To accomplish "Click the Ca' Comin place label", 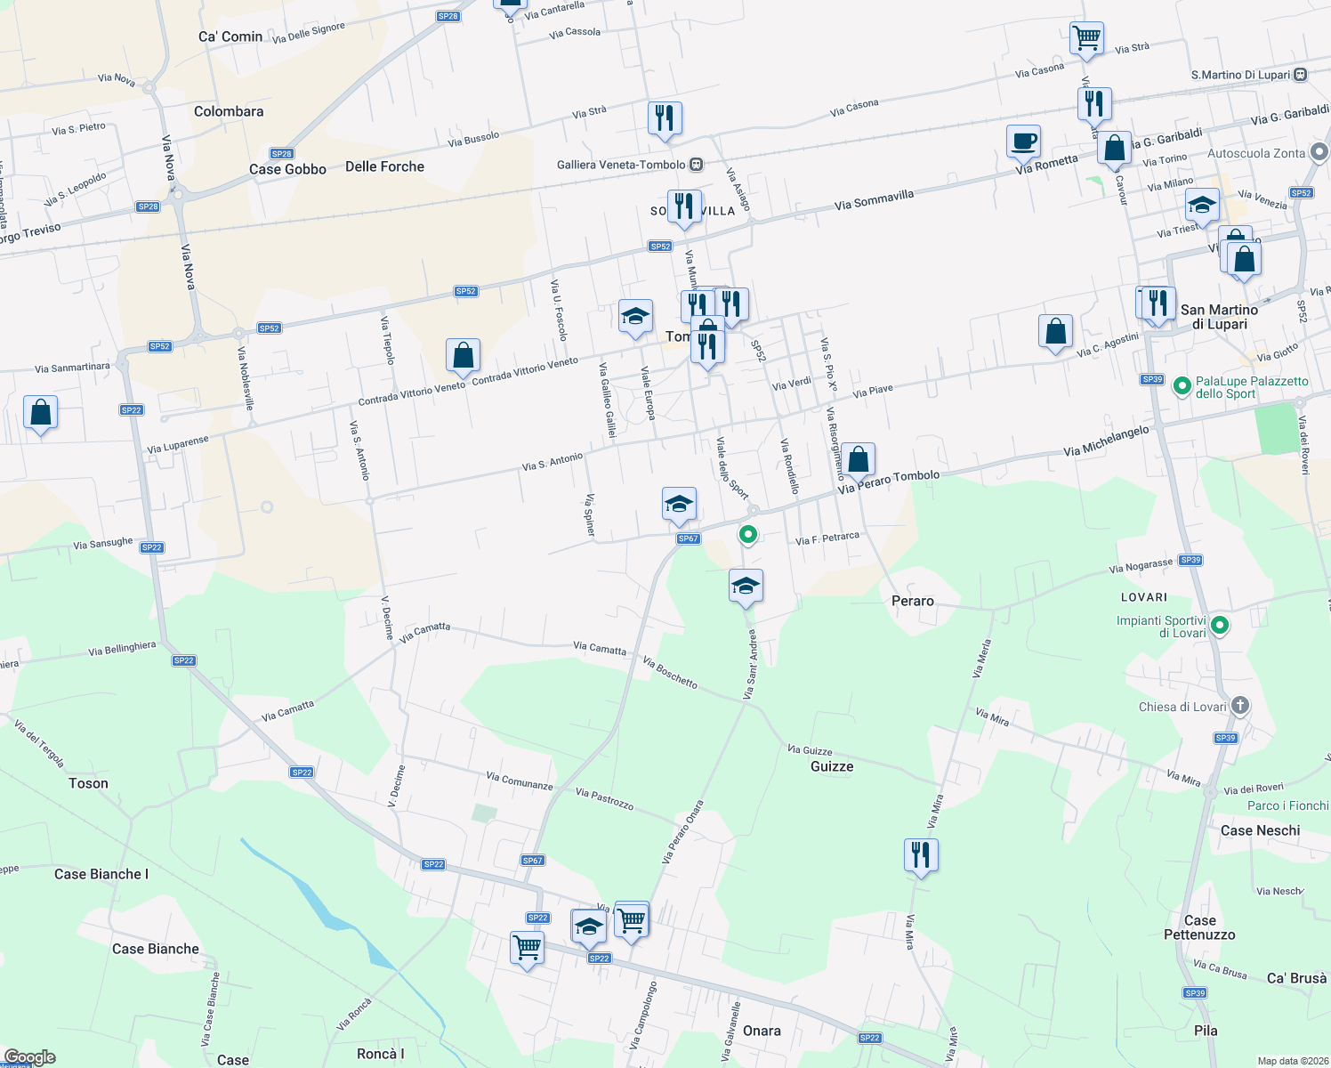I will tap(230, 36).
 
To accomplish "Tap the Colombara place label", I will tap(229, 111).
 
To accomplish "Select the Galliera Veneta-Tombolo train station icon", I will tap(696, 165).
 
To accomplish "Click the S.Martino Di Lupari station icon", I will tap(1301, 75).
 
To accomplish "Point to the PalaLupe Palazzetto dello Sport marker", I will tap(1182, 386).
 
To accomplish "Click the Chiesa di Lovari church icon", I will tap(1240, 707).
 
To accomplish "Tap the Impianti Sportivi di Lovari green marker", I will tap(1220, 626).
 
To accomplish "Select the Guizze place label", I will tap(832, 766).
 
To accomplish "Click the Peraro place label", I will tap(912, 601).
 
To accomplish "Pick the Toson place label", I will tap(88, 783).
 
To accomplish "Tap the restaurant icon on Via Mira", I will tap(920, 855).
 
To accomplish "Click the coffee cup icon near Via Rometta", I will tap(1023, 141).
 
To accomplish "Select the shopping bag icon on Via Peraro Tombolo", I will tap(859, 459).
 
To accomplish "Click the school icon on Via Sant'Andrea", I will tap(746, 586).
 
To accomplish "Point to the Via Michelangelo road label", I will tap(1106, 441).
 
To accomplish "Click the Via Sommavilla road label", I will tap(874, 200).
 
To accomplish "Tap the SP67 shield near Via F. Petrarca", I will tap(688, 538).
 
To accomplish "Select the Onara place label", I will tap(762, 1031).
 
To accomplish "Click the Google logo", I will tap(29, 1057).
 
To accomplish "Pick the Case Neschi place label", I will tap(1260, 830).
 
